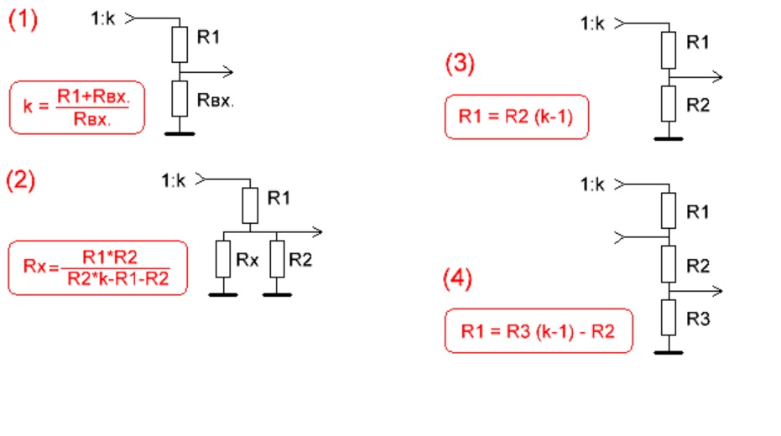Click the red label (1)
(x=23, y=21)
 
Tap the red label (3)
(x=460, y=65)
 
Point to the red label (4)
(x=460, y=279)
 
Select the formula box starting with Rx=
(x=96, y=268)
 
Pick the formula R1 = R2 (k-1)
(x=516, y=118)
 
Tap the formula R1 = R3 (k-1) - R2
(x=538, y=331)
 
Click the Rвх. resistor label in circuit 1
(x=216, y=101)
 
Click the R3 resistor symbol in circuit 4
(x=667, y=318)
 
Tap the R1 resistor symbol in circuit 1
(x=180, y=44)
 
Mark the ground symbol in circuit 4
(x=667, y=352)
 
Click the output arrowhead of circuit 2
(x=317, y=231)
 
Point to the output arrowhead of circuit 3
(x=718, y=77)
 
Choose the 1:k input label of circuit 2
(x=173, y=179)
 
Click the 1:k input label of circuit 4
(x=592, y=184)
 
